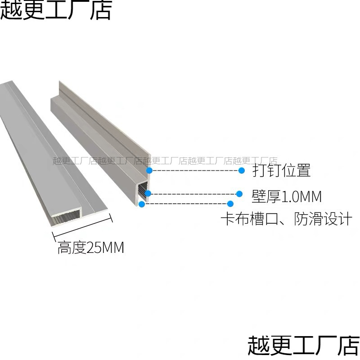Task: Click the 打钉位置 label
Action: point(281,171)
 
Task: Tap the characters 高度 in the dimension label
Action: point(72,247)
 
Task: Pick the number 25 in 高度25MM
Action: point(95,247)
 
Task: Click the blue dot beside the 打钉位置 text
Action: point(242,171)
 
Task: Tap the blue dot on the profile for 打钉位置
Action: point(150,171)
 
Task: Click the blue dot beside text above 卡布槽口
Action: point(230,204)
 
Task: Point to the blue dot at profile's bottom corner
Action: point(142,204)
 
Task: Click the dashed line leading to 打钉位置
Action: point(196,171)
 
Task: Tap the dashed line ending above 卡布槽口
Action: point(187,204)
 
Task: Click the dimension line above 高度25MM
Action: point(82,227)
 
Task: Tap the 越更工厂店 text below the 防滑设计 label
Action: point(304,346)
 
